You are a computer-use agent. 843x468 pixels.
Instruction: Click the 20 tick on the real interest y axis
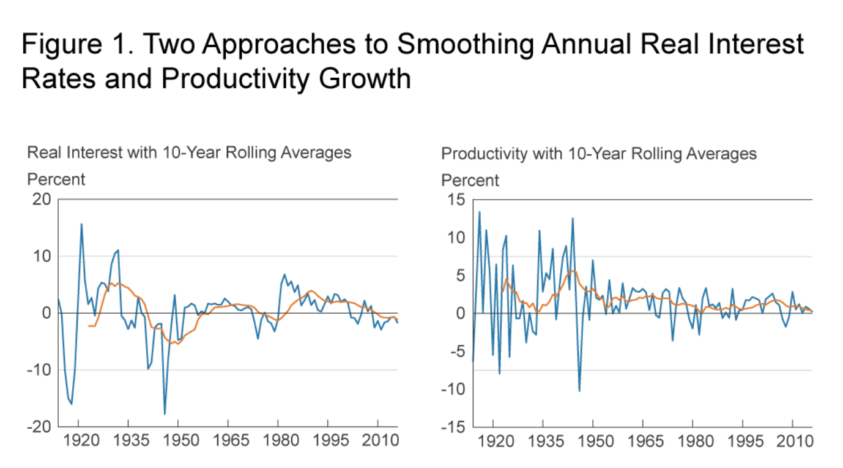pos(42,200)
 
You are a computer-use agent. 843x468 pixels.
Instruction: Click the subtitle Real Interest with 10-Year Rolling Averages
pos(189,153)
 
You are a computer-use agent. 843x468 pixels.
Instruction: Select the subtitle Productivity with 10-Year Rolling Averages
pos(599,153)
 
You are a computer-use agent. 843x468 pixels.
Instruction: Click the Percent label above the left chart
pos(56,180)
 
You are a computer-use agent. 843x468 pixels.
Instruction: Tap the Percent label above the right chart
pos(470,181)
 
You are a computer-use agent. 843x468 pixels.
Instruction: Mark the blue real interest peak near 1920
pos(81,224)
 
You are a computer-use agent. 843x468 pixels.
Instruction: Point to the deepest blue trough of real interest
pos(165,414)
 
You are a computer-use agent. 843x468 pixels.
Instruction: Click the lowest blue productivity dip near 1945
pos(579,391)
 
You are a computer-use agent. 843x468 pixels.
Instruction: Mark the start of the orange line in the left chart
pos(89,326)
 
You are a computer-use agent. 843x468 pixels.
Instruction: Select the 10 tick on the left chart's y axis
pos(42,256)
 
